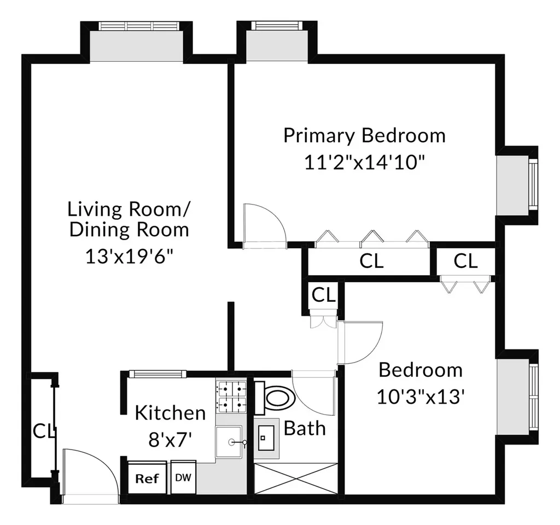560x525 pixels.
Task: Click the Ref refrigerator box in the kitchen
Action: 147,479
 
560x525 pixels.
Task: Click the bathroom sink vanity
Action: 268,439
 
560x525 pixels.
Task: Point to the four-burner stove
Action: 233,398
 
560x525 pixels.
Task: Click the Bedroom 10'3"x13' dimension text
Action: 420,396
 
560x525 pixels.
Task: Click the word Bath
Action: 305,428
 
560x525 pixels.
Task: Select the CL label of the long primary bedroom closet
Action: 371,261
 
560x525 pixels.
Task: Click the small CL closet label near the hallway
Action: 323,295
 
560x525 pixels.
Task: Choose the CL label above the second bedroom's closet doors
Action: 465,261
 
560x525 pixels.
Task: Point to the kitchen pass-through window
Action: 156,374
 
